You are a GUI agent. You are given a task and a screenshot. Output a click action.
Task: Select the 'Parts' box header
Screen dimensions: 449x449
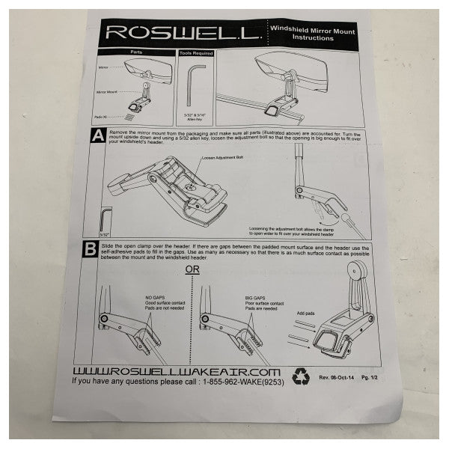point(135,53)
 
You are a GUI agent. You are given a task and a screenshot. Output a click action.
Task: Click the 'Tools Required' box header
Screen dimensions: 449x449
point(195,54)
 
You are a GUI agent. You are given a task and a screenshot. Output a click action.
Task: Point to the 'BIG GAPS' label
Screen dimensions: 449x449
point(256,298)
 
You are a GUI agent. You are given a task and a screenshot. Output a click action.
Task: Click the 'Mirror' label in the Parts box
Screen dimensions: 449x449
point(103,67)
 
